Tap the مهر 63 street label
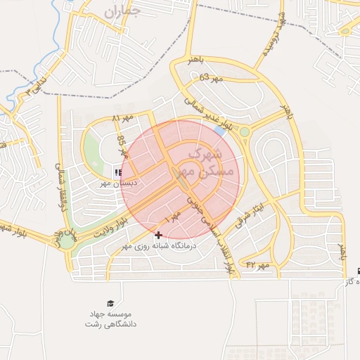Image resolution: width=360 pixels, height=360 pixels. click(210, 78)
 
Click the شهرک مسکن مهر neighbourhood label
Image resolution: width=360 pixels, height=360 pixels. click(204, 161)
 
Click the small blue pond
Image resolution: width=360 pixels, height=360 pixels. click(220, 131)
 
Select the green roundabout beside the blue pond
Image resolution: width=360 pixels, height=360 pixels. click(245, 131)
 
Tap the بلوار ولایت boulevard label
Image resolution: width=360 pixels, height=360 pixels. click(112, 229)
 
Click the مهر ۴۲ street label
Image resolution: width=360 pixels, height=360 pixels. click(257, 264)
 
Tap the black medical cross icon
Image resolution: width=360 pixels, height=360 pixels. click(157, 235)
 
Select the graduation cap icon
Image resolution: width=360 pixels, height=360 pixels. click(110, 301)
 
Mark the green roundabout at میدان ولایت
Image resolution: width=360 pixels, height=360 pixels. click(67, 241)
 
